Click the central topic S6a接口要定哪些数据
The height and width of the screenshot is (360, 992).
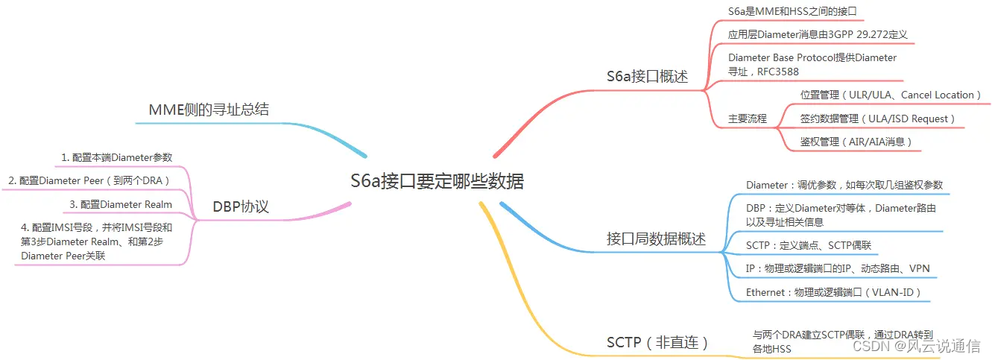pos(437,182)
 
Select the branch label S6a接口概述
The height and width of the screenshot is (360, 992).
pos(647,77)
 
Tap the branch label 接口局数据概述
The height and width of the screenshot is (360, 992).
pos(656,239)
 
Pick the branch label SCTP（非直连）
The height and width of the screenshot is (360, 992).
pos(657,343)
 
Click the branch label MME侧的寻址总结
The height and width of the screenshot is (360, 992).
pos(209,110)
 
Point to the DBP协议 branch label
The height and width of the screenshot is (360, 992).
pos(240,207)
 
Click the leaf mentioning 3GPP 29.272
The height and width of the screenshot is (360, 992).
pos(817,34)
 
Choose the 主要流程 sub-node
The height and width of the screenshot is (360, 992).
pos(748,119)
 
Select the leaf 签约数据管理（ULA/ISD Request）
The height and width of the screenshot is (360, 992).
pos(877,119)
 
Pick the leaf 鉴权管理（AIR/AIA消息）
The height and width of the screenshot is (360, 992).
pos(856,142)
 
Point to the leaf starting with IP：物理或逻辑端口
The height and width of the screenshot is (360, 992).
pos(838,269)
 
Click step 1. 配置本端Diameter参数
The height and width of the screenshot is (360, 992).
pos(117,157)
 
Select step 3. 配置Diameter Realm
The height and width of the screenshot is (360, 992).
pos(121,204)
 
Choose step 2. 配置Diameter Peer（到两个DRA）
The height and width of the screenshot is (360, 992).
pos(89,180)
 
